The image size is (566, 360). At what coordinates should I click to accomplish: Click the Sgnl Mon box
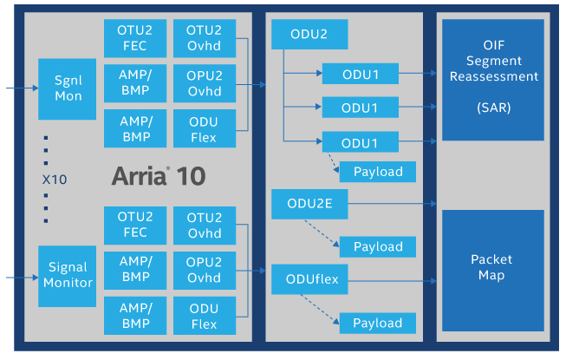click(68, 89)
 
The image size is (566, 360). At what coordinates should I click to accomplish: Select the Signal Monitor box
click(68, 276)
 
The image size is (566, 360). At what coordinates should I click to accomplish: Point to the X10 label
click(55, 180)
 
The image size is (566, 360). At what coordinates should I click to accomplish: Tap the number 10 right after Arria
click(191, 176)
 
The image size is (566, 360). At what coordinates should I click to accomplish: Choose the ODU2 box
click(309, 35)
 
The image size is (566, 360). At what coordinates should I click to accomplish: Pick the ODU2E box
click(309, 205)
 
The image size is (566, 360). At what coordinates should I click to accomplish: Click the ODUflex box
click(309, 279)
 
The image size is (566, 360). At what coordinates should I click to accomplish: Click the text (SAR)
click(493, 108)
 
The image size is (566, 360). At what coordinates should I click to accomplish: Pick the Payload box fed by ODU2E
click(378, 247)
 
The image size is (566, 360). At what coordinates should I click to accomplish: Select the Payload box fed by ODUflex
click(378, 324)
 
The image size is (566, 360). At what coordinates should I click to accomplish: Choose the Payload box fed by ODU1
click(378, 172)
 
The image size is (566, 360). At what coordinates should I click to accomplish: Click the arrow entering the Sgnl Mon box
click(21, 88)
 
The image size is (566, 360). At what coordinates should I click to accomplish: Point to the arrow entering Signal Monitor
click(21, 278)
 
